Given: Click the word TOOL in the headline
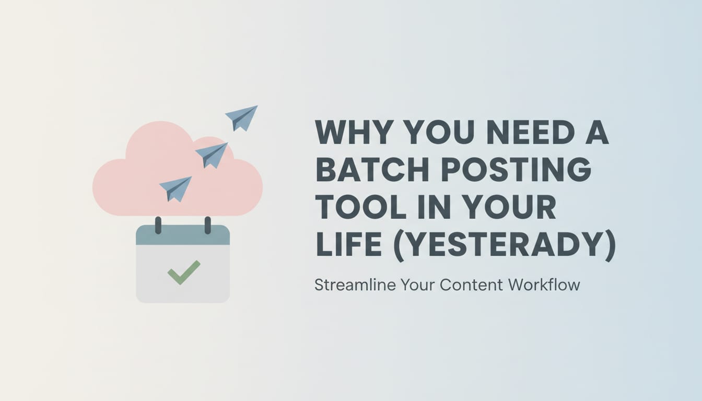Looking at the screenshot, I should click(361, 208).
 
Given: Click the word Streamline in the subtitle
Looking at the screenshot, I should click(355, 285).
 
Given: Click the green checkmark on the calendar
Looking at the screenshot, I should click(183, 272).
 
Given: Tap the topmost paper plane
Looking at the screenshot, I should click(242, 117).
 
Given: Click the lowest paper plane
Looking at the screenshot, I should click(175, 188).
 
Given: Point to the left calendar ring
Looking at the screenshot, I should click(158, 225).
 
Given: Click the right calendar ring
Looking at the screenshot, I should click(207, 225).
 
